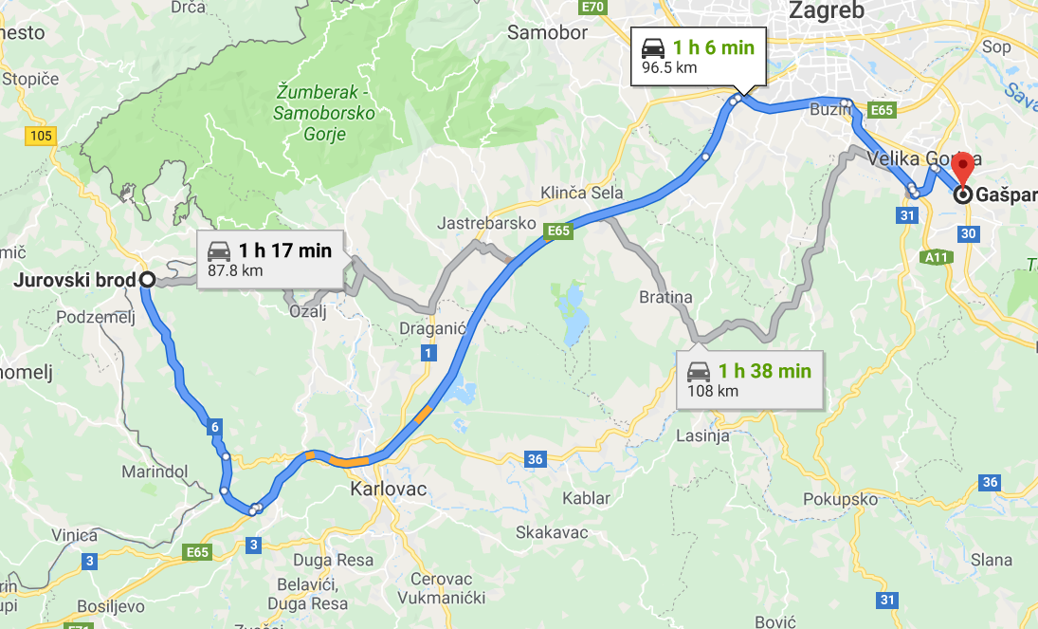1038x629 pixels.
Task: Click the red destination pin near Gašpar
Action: tap(963, 167)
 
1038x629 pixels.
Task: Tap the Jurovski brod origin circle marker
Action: tap(147, 280)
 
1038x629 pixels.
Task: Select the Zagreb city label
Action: tap(827, 11)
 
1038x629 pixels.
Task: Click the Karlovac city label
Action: tap(388, 490)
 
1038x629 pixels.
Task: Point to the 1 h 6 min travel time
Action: tap(713, 47)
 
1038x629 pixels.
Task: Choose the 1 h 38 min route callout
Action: tap(750, 379)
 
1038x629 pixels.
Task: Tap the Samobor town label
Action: tap(547, 32)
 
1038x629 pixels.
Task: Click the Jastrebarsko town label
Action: tap(482, 224)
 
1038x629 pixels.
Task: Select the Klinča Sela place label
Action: tap(582, 194)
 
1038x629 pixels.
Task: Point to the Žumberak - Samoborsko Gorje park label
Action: tap(324, 113)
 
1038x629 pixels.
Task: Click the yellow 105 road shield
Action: tap(41, 137)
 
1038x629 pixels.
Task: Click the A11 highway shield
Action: tap(938, 256)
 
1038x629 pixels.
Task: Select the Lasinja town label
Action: tap(702, 436)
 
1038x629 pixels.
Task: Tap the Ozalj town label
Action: tap(308, 311)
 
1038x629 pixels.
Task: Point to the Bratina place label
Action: tap(665, 298)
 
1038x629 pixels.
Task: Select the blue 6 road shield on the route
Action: tap(215, 428)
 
